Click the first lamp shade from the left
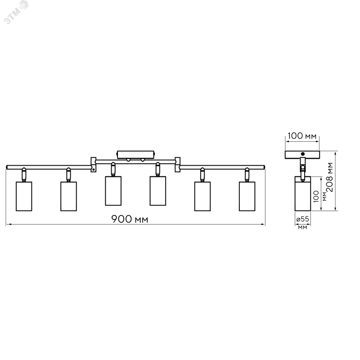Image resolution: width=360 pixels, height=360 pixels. [x=23, y=196]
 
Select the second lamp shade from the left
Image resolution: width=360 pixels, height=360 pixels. [x=69, y=196]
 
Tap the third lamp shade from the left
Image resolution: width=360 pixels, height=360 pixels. [x=113, y=191]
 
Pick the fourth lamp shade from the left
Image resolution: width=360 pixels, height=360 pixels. [x=157, y=191]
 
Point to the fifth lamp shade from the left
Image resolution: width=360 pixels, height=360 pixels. [x=202, y=196]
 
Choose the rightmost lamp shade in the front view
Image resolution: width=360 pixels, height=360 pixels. [x=247, y=196]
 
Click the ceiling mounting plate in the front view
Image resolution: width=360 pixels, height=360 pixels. [x=136, y=153]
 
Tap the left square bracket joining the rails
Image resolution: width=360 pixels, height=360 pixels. [x=94, y=164]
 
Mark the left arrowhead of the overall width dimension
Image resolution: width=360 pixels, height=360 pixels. [x=6, y=224]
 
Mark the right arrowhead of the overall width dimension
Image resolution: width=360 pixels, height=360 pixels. [x=264, y=224]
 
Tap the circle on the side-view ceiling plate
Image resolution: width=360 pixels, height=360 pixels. [x=302, y=153]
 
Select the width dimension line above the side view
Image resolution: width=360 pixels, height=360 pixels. [x=302, y=141]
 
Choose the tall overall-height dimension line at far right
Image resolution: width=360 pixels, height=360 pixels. [x=336, y=181]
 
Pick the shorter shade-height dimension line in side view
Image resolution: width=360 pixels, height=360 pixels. [x=320, y=194]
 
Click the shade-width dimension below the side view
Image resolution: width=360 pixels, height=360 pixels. [x=302, y=223]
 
